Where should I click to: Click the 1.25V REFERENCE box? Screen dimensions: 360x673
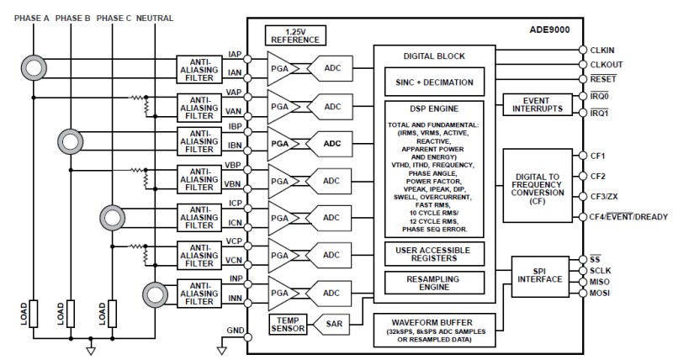(294, 34)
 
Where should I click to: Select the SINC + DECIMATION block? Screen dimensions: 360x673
(434, 83)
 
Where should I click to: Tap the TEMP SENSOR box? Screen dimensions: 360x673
(287, 323)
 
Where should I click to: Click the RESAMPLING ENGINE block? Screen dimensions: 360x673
(434, 282)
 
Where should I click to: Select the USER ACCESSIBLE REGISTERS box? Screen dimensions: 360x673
(434, 252)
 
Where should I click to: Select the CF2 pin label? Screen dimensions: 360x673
(598, 176)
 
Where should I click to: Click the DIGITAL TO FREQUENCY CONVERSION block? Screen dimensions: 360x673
(537, 185)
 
